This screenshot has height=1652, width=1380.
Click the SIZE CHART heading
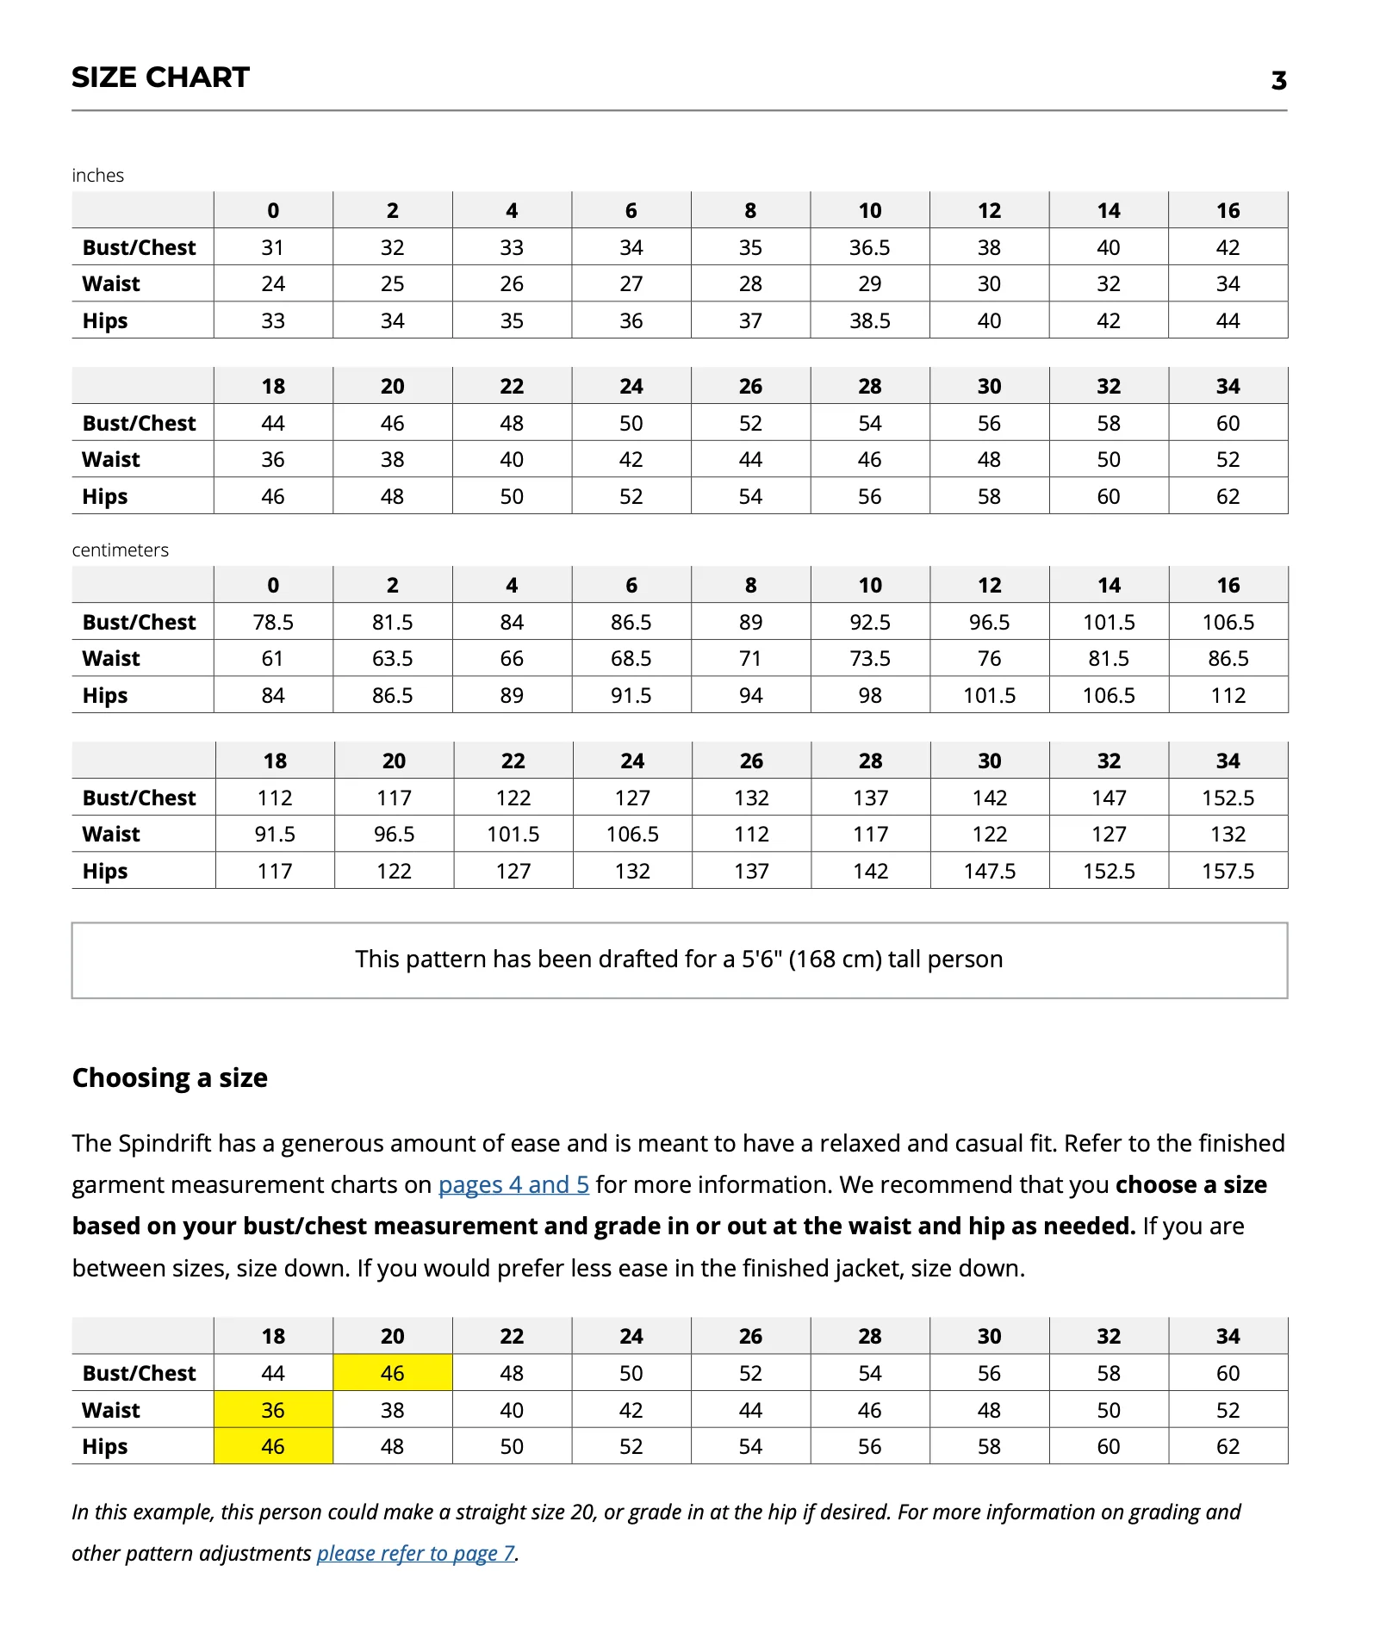(x=160, y=78)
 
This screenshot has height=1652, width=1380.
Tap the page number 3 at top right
(x=1278, y=81)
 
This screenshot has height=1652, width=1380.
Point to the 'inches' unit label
(x=97, y=176)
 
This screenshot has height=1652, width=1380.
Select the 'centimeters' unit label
(x=120, y=550)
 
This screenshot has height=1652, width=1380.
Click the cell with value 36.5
(x=869, y=248)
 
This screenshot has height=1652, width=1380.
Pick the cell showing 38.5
(x=869, y=321)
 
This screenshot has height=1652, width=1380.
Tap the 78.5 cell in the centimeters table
(x=273, y=623)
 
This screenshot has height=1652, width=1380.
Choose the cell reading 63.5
(x=392, y=659)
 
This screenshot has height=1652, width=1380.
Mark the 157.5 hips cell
(x=1228, y=872)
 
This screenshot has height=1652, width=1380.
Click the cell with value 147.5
(x=989, y=872)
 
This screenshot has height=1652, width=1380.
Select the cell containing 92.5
(x=869, y=623)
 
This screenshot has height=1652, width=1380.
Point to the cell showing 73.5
(x=869, y=659)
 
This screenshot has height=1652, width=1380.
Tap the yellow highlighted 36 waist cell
(x=273, y=1411)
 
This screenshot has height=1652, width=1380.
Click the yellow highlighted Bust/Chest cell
(x=392, y=1374)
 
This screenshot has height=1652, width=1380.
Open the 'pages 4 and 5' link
(x=513, y=1185)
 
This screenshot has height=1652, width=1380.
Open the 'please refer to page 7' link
(x=416, y=1554)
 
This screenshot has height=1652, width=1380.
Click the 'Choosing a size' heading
(x=170, y=1078)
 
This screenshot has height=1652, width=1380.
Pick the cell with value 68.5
(x=631, y=659)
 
